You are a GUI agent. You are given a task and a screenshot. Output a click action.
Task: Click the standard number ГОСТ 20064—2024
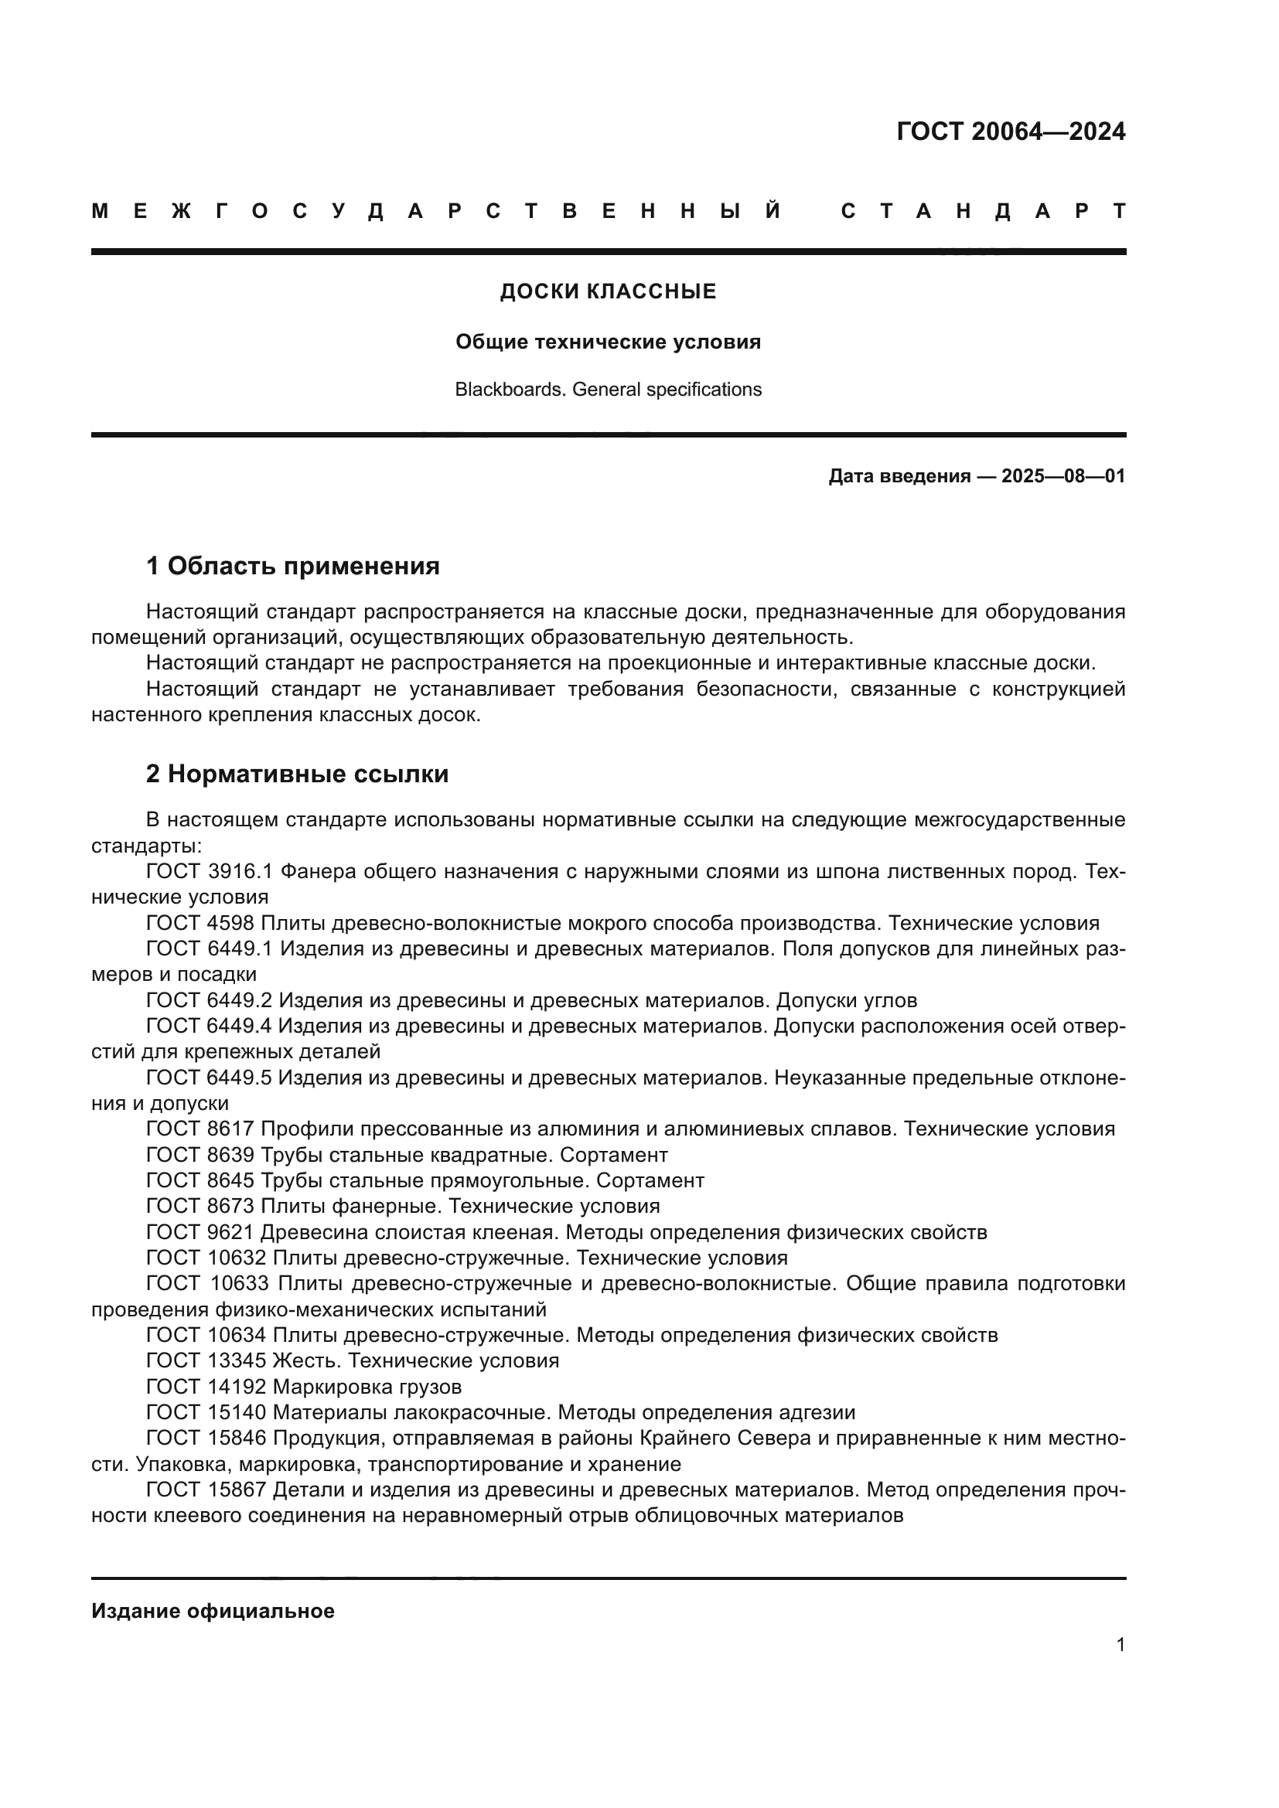[1011, 131]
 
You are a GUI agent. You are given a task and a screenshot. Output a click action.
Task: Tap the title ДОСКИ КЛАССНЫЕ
[608, 292]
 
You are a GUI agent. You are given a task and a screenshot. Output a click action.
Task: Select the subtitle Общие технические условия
[608, 342]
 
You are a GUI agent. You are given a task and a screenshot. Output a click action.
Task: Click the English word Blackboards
[510, 390]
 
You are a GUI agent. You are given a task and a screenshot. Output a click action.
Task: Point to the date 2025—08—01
[1063, 476]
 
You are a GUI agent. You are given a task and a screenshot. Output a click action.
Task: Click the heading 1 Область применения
[293, 566]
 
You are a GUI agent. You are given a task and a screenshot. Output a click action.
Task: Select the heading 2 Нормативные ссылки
[297, 774]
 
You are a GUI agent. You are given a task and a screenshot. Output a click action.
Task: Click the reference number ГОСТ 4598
[200, 924]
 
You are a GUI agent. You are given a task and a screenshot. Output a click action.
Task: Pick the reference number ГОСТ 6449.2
[209, 1001]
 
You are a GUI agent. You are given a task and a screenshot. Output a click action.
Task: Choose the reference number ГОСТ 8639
[200, 1155]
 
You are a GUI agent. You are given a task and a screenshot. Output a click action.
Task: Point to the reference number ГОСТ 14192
[206, 1387]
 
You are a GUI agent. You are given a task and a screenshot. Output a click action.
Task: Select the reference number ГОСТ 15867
[206, 1490]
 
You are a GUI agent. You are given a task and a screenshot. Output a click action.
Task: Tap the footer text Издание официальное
[213, 1611]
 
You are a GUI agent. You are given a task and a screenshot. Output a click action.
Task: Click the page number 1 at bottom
[1120, 1644]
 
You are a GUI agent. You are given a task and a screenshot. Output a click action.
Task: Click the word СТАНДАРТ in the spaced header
[983, 211]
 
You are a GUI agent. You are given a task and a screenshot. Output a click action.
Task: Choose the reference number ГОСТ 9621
[200, 1232]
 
